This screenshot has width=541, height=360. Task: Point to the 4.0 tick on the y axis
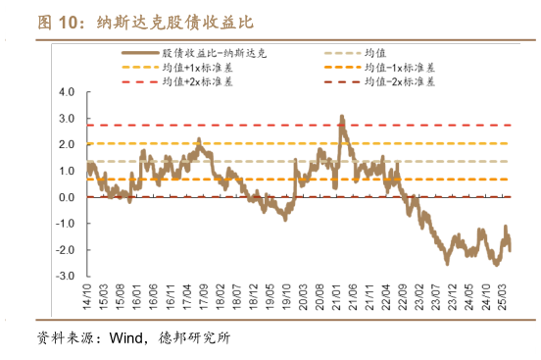pos(68,92)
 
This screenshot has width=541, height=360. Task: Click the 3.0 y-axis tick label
pos(68,119)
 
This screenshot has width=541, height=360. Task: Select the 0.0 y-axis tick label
pos(68,198)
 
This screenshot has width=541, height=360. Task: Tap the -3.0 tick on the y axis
pos(66,278)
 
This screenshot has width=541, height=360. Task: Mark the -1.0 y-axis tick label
pos(66,225)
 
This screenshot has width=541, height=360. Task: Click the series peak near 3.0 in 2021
pos(341,118)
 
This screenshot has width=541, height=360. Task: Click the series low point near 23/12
pos(447,262)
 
